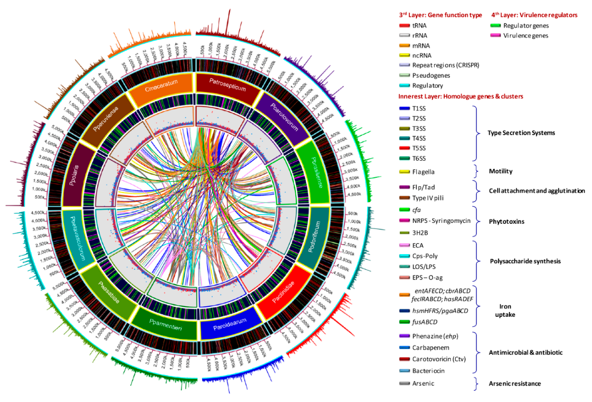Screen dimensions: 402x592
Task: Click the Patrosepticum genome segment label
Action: (x=227, y=85)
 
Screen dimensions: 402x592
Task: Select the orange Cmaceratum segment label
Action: (x=161, y=86)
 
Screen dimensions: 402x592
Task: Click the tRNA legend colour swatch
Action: (x=405, y=25)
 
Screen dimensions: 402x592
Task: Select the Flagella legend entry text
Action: (x=423, y=172)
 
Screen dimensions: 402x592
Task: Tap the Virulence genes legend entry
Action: (x=526, y=36)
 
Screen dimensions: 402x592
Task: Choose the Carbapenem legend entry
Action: (x=430, y=348)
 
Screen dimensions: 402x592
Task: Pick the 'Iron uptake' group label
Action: (x=505, y=311)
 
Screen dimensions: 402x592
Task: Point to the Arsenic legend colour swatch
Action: (x=405, y=383)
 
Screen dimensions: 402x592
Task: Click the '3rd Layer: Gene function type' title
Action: (x=440, y=15)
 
